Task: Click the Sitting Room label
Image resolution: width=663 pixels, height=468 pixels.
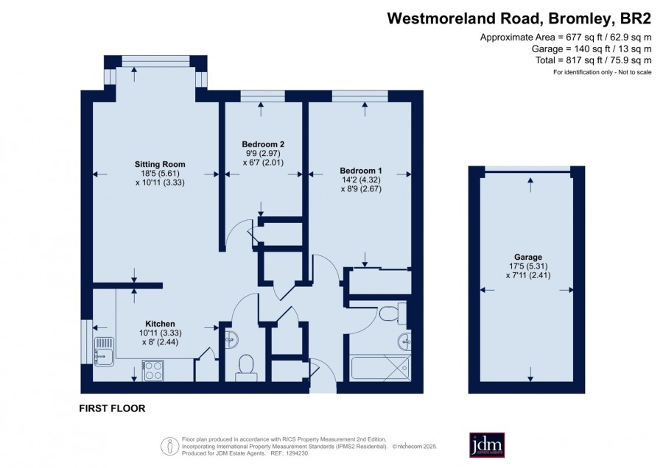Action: [x=160, y=164]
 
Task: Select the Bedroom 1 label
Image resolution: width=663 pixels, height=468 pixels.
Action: [x=361, y=171]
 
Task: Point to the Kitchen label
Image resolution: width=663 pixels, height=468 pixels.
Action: [x=161, y=324]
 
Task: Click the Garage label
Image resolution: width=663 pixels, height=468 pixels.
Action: [x=528, y=257]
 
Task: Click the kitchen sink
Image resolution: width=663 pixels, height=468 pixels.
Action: [x=104, y=352]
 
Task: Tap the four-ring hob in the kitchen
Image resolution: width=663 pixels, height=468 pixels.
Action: [x=152, y=371]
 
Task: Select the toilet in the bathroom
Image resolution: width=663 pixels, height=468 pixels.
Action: [x=393, y=313]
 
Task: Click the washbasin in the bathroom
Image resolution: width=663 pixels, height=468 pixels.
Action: [x=404, y=341]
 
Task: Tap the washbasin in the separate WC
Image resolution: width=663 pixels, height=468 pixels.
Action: [x=232, y=339]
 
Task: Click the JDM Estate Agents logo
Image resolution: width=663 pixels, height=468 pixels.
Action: [x=487, y=444]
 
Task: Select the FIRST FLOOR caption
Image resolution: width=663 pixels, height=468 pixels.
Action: [x=112, y=408]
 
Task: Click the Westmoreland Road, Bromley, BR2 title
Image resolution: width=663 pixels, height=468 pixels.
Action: [x=519, y=18]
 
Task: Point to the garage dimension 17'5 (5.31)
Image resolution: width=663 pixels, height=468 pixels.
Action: [x=528, y=266]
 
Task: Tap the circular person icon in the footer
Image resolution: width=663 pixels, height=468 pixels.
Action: [x=169, y=446]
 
